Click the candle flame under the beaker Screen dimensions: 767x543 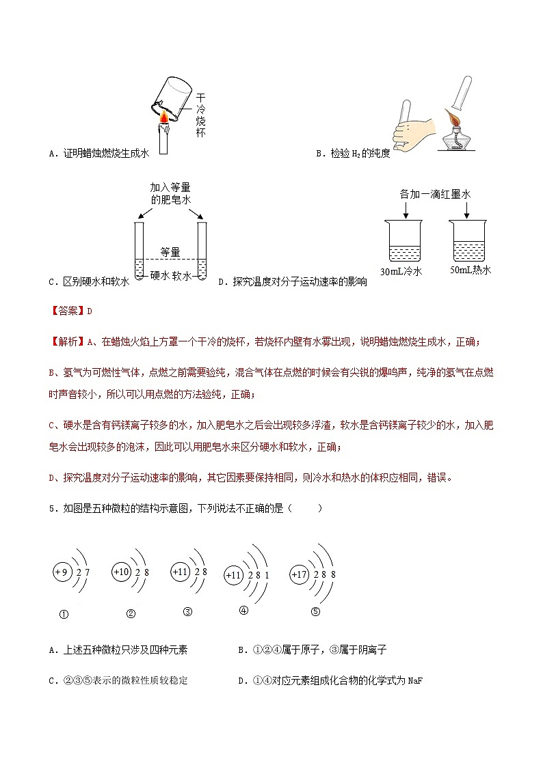pyautogui.click(x=164, y=121)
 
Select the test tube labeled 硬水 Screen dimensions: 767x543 pyautogui.click(x=139, y=249)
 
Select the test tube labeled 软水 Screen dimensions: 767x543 pyautogui.click(x=202, y=249)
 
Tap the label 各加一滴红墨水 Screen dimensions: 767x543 pyautogui.click(x=435, y=195)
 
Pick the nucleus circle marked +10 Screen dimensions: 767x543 pyautogui.click(x=122, y=571)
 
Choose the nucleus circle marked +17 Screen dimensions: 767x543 pyautogui.click(x=300, y=574)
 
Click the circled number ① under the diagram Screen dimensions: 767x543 pyautogui.click(x=63, y=613)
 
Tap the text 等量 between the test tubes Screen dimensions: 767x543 pyautogui.click(x=170, y=252)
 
